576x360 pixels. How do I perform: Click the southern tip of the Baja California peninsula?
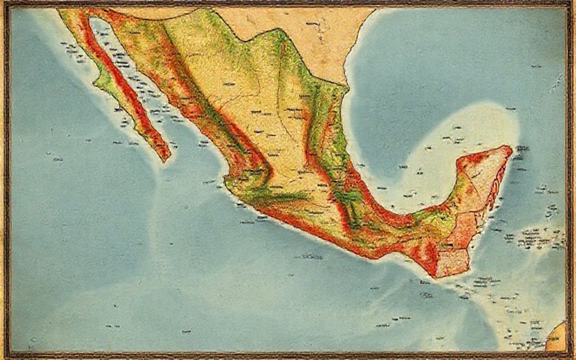[x=166, y=158]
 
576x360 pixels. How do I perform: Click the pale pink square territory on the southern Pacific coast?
[x=453, y=263]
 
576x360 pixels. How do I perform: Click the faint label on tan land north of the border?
[x=312, y=24]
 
